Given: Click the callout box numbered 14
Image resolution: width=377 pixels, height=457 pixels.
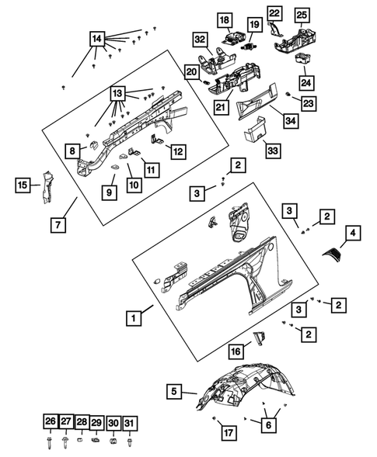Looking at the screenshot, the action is pyautogui.click(x=97, y=39).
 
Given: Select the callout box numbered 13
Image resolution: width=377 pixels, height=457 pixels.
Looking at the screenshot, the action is pyautogui.click(x=117, y=94).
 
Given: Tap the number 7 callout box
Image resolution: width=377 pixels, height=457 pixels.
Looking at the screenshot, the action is pyautogui.click(x=58, y=225).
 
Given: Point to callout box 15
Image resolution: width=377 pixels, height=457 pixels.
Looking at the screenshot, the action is pyautogui.click(x=23, y=185).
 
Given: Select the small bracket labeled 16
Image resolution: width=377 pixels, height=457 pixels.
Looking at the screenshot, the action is pyautogui.click(x=260, y=338).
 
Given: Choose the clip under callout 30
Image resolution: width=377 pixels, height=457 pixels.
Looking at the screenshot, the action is pyautogui.click(x=113, y=441).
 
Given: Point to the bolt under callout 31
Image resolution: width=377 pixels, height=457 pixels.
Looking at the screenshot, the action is pyautogui.click(x=129, y=441).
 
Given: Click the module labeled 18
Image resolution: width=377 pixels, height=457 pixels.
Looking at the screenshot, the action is pyautogui.click(x=235, y=38).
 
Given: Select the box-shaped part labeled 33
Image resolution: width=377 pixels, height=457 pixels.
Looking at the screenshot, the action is pyautogui.click(x=255, y=130).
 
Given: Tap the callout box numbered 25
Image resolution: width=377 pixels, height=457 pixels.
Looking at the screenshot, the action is pyautogui.click(x=302, y=15).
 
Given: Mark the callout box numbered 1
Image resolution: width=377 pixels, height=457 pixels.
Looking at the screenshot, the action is pyautogui.click(x=134, y=317).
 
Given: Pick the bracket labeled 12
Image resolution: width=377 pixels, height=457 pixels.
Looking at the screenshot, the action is pyautogui.click(x=156, y=140).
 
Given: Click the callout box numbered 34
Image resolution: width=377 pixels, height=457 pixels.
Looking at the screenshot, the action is pyautogui.click(x=291, y=120).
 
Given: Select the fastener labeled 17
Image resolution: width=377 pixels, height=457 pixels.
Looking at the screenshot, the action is pyautogui.click(x=214, y=418).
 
